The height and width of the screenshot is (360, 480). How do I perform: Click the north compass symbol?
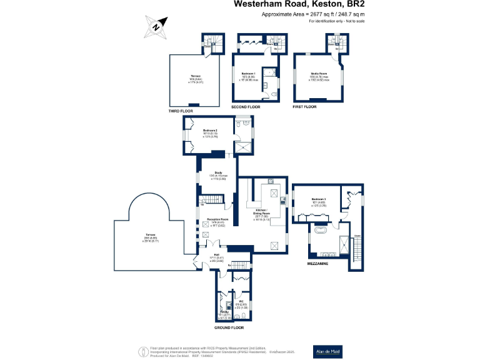coord(156,26)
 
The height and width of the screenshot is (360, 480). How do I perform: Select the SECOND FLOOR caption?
coord(246,107)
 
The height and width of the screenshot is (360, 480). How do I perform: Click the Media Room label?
coord(319,73)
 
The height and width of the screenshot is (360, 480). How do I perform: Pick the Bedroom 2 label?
coord(210,130)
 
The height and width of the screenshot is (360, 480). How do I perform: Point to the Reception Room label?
coord(217,219)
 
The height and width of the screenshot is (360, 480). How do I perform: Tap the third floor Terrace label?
coord(195,76)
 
